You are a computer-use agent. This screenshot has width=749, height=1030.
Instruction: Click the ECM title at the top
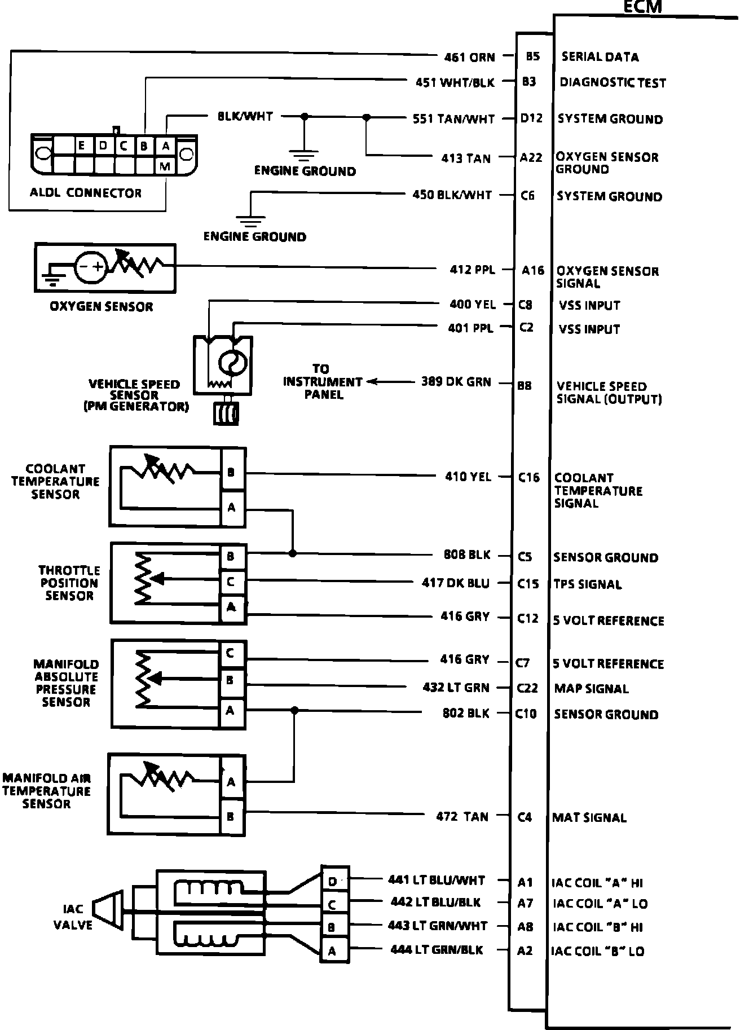click(642, 7)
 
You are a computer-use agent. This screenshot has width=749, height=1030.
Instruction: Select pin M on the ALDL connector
click(165, 166)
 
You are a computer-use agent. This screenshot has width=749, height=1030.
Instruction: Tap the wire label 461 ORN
click(469, 57)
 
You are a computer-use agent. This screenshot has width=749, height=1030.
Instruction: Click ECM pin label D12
click(531, 118)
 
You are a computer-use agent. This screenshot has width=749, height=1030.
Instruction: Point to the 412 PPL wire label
click(472, 270)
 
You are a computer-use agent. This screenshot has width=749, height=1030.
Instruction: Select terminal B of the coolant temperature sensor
click(232, 473)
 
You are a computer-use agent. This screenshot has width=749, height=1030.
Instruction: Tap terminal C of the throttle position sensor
click(231, 582)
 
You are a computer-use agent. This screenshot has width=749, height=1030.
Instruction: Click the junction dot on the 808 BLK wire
click(293, 553)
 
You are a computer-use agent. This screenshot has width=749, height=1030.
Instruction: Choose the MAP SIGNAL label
click(591, 689)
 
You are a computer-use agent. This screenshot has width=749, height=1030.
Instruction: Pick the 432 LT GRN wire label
click(456, 688)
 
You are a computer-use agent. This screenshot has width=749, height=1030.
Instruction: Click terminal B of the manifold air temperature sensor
click(231, 816)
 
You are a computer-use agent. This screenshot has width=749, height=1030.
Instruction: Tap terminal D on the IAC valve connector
click(333, 881)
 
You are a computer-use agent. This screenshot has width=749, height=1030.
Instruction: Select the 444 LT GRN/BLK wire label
click(437, 950)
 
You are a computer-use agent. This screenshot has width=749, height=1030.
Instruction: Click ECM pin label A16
click(533, 270)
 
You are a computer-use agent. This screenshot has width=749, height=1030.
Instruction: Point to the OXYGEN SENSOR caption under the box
click(102, 307)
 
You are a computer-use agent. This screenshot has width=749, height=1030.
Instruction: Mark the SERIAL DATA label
click(600, 57)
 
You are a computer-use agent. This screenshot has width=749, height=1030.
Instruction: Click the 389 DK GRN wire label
click(456, 382)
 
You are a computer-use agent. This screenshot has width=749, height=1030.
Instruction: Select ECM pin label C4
click(525, 817)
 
